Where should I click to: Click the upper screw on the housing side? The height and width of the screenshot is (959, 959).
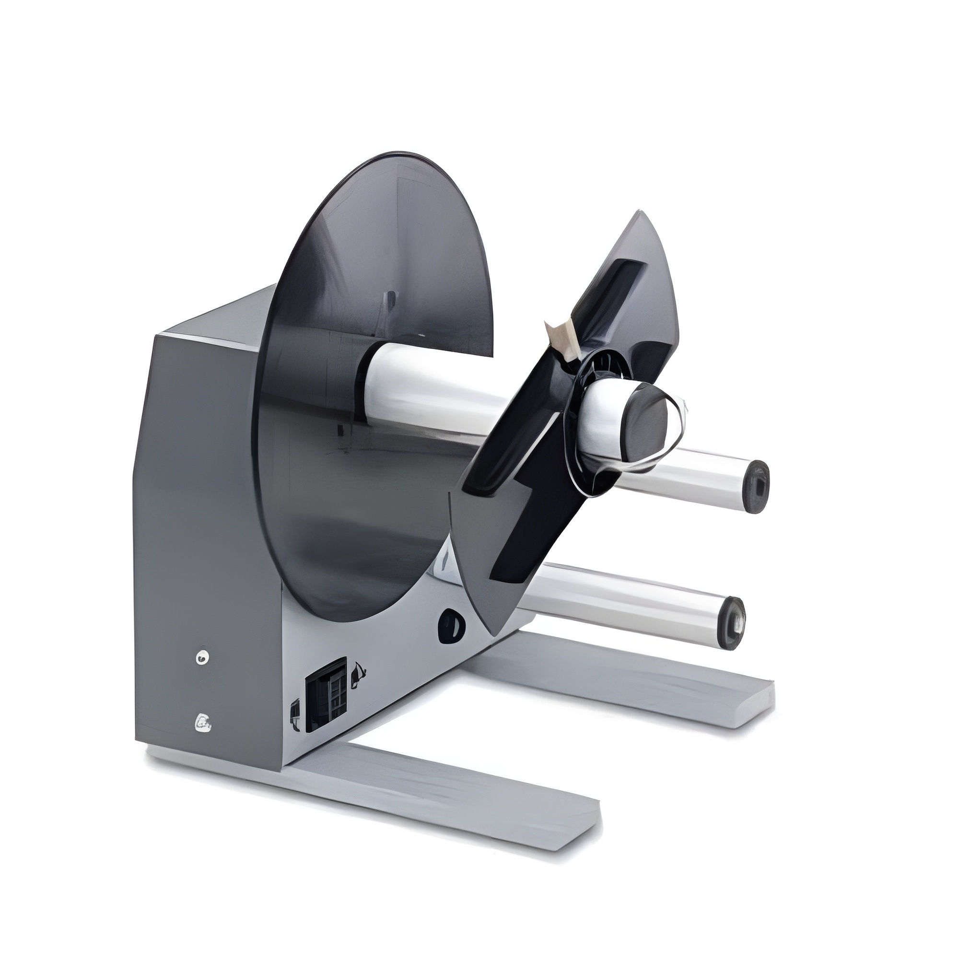coord(201,658)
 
